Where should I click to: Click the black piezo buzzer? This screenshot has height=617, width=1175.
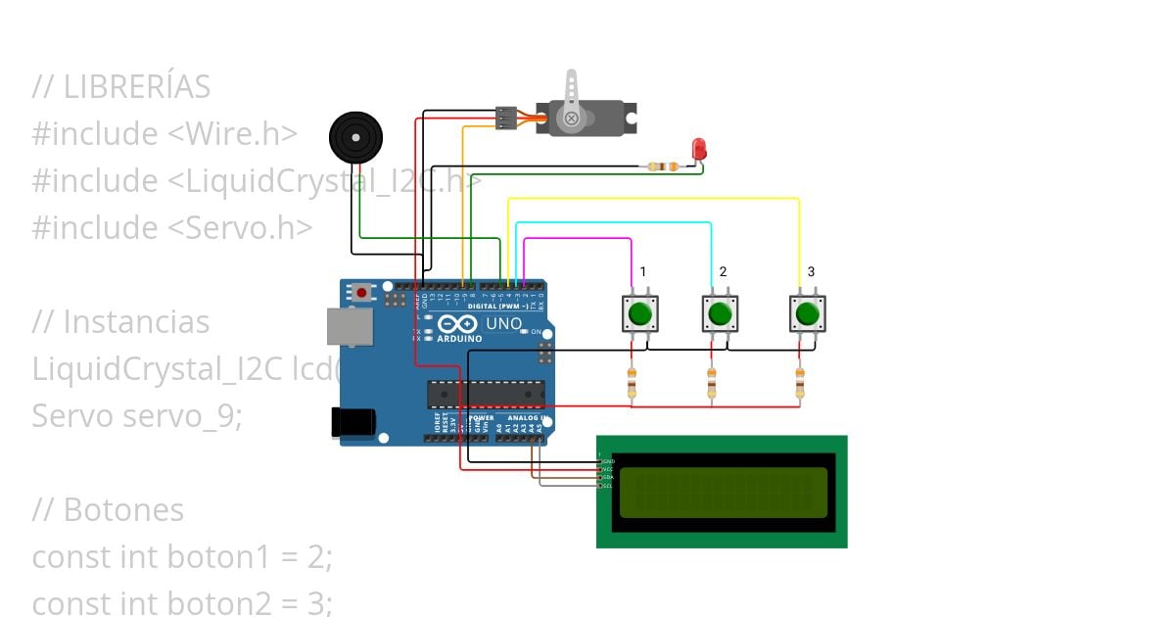click(x=353, y=137)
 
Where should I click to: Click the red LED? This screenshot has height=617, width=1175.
click(x=699, y=148)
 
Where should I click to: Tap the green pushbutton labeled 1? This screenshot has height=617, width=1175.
click(x=639, y=313)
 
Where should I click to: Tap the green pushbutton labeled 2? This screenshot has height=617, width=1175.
click(x=720, y=313)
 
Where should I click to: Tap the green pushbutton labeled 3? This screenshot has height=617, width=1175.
click(x=807, y=313)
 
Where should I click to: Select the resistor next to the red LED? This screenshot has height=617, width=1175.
click(x=663, y=166)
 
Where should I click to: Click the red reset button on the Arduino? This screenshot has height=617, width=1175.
click(x=363, y=292)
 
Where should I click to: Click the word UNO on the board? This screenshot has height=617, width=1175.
click(x=504, y=323)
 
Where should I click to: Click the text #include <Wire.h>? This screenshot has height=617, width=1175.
click(x=164, y=134)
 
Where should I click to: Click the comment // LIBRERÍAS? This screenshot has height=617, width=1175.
click(x=121, y=87)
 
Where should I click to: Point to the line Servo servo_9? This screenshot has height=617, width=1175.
click(x=136, y=416)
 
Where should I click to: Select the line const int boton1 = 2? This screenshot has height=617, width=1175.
click(x=182, y=557)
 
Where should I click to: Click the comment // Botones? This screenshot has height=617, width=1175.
click(x=108, y=510)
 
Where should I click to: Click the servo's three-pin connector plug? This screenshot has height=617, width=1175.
click(x=505, y=118)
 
